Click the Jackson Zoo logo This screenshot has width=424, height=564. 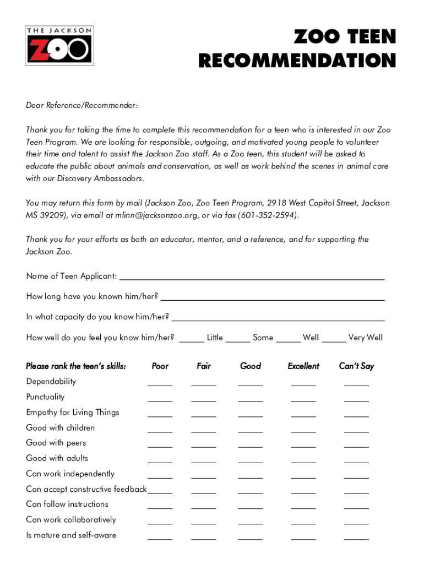tap(60, 46)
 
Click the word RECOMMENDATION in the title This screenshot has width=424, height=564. tap(297, 61)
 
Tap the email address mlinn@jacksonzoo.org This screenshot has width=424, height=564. tap(157, 215)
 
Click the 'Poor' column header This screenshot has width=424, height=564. tap(160, 366)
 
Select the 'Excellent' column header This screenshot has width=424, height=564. tap(303, 366)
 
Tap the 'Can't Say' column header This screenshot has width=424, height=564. tap(356, 366)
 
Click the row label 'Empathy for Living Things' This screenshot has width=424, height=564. tap(73, 413)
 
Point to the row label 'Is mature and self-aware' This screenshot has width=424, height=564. tap(71, 535)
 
